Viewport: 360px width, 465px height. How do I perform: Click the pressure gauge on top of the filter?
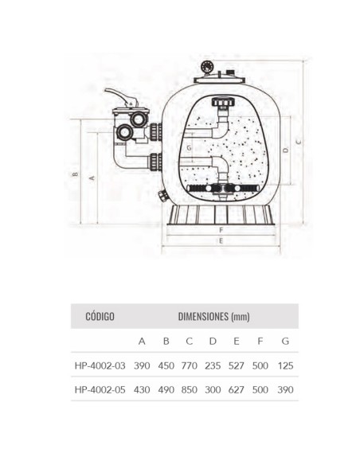(x=206, y=67)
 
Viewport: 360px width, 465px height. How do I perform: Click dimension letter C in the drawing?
(x=299, y=142)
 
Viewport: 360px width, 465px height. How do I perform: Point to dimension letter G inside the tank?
(x=189, y=147)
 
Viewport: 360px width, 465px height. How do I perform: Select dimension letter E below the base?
(x=221, y=241)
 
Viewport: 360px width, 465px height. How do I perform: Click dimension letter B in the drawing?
(x=76, y=174)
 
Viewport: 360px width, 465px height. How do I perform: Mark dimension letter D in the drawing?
(x=286, y=150)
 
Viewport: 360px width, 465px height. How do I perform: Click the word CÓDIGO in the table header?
(x=100, y=316)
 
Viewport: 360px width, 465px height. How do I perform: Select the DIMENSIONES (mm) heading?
(x=213, y=316)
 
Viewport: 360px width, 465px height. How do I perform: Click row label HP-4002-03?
(x=100, y=365)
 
